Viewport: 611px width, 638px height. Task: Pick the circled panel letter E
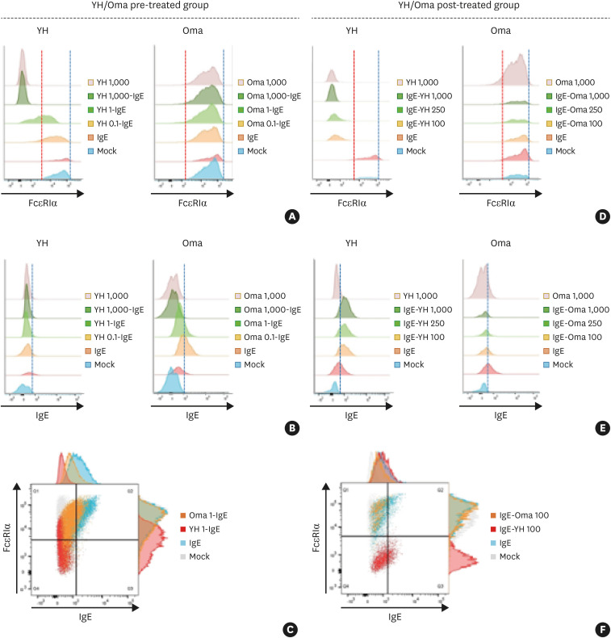click(601, 428)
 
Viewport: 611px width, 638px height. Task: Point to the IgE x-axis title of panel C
click(77, 621)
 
